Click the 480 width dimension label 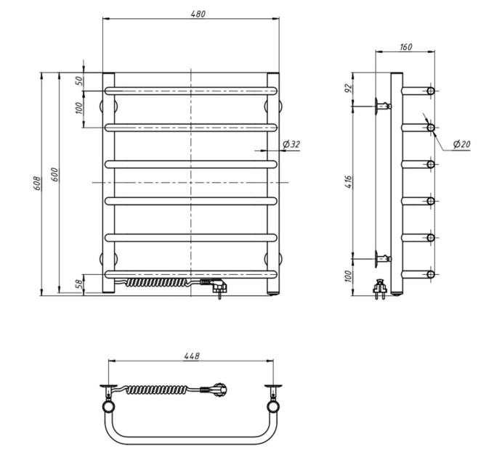(x=198, y=15)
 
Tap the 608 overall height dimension (x=37, y=183)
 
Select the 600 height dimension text (x=54, y=175)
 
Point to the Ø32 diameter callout (x=291, y=144)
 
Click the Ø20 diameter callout (x=461, y=144)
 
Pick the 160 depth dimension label (x=406, y=47)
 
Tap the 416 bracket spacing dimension (x=349, y=182)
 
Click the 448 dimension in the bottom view (x=192, y=355)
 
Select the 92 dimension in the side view (x=349, y=88)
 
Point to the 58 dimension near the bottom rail (x=80, y=284)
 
